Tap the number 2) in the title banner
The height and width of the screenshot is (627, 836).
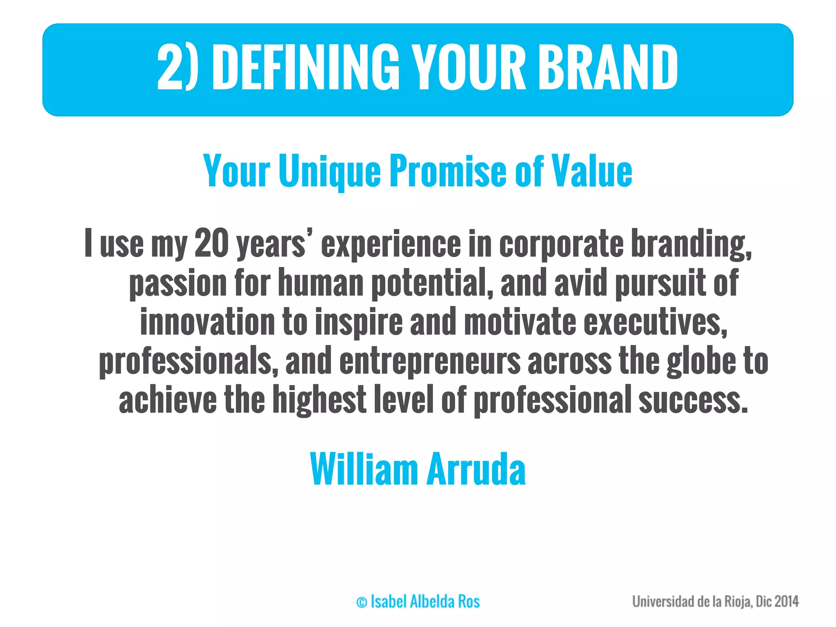(178, 67)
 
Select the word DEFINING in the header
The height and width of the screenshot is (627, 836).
(305, 67)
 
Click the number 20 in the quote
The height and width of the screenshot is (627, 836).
(211, 243)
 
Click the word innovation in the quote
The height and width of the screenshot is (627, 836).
(207, 322)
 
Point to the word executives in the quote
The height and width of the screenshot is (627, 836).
(655, 322)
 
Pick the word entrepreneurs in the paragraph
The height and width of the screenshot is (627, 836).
(429, 361)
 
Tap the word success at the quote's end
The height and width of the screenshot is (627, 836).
(693, 400)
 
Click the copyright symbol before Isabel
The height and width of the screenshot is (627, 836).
(362, 603)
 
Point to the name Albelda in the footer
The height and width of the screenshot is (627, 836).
(432, 602)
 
